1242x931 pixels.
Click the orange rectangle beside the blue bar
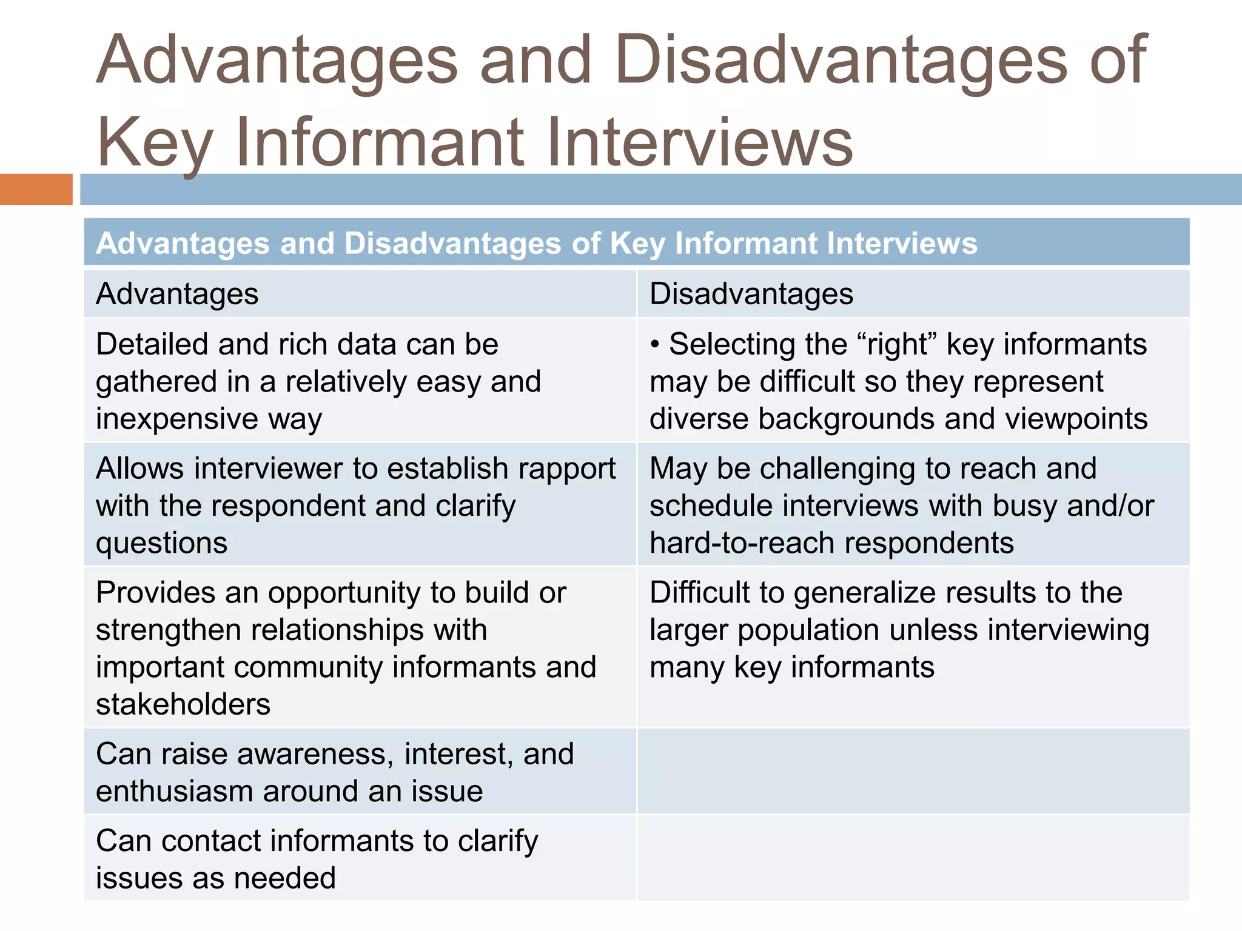pos(36,189)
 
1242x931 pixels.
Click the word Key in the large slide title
pos(154,143)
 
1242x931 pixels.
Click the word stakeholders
pos(183,704)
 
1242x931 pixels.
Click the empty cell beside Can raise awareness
pos(913,771)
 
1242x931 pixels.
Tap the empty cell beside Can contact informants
pos(913,858)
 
